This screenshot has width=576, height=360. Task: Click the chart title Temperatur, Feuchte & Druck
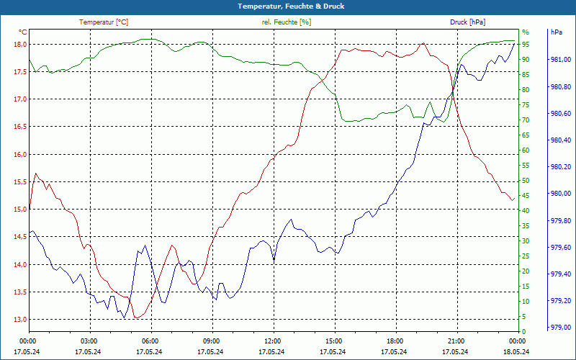287,6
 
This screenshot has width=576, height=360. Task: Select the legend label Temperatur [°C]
104,22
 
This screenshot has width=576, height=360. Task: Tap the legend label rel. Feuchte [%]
287,22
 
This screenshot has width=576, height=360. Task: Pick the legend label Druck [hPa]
467,22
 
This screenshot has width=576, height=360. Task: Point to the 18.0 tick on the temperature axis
21,44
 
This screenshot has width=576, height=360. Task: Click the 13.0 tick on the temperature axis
21,320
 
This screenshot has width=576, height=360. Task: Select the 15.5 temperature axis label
21,182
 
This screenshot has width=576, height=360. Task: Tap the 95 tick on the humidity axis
526,44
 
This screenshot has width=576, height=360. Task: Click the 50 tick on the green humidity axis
526,181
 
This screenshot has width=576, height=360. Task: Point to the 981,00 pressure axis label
560,60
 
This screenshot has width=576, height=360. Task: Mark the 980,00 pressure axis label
560,194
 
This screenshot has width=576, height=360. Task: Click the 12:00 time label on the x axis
272,341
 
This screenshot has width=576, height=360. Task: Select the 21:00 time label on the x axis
456,341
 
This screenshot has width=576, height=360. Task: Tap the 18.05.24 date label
517,351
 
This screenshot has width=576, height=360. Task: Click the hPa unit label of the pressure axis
556,32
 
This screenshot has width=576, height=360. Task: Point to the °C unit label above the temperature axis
23,32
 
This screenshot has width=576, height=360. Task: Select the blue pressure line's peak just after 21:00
461,65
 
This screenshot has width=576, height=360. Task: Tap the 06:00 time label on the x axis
150,341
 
